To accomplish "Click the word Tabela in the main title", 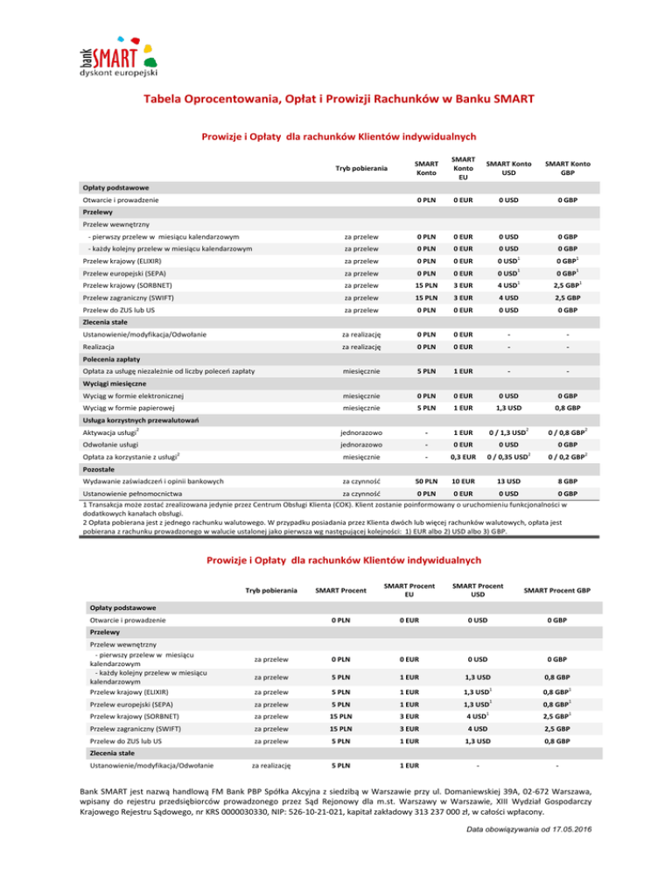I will (167, 99).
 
